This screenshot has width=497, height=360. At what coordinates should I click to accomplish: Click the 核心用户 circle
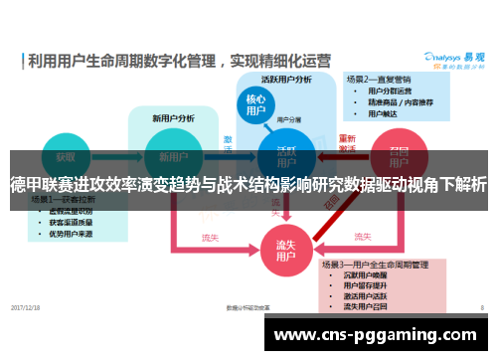click(254, 107)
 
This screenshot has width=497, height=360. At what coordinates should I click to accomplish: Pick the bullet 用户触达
click(384, 113)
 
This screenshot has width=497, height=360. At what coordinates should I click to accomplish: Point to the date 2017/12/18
click(27, 307)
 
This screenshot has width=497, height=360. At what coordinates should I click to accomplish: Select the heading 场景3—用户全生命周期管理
click(374, 265)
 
